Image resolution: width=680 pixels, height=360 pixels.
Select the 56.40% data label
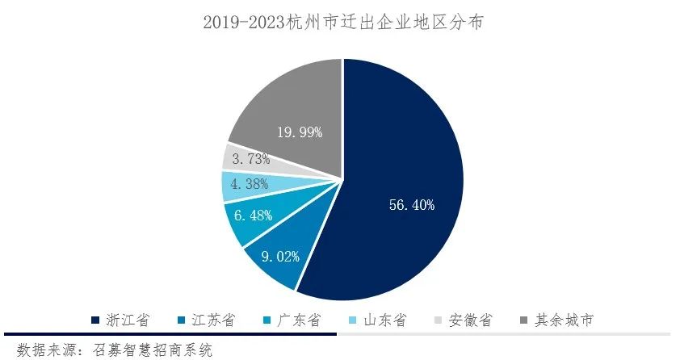(x=411, y=205)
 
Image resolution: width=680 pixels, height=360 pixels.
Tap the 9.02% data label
(x=283, y=257)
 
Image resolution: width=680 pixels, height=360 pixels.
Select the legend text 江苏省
(x=212, y=320)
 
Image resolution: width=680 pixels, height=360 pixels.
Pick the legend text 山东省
(x=384, y=320)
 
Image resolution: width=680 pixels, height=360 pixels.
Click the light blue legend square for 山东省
(x=353, y=321)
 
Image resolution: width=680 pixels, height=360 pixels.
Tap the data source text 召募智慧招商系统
(x=153, y=350)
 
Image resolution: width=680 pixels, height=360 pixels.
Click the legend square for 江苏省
(x=182, y=321)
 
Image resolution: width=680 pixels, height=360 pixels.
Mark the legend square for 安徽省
(x=439, y=321)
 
